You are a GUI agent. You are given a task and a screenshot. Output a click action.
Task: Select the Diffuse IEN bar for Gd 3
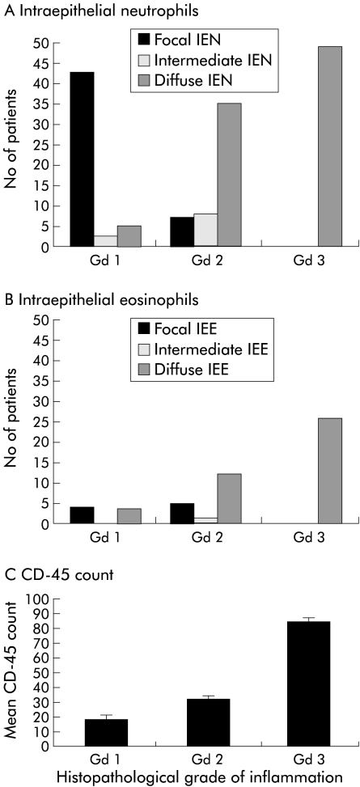(330, 146)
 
